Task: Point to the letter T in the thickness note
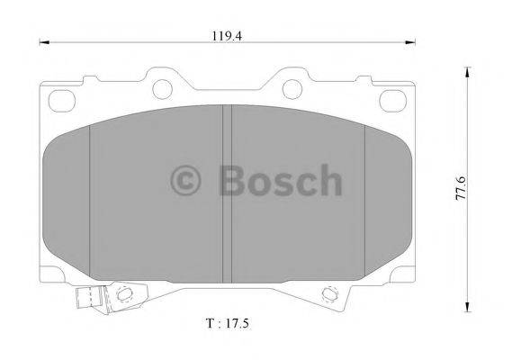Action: pyautogui.click(x=209, y=320)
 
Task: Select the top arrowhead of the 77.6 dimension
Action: pyautogui.click(x=467, y=69)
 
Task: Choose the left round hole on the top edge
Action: pyautogui.click(x=163, y=88)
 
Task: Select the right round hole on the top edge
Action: pyautogui.click(x=292, y=88)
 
